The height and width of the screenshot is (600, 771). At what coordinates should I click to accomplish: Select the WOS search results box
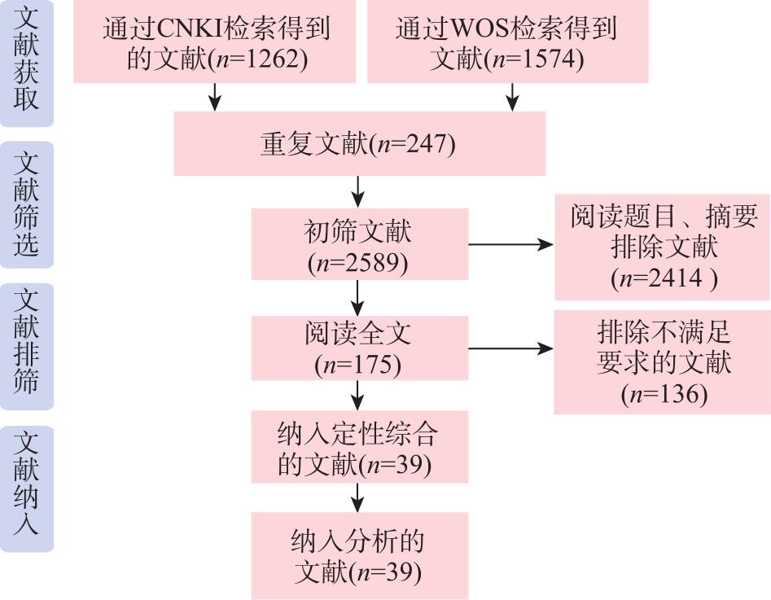[507, 42]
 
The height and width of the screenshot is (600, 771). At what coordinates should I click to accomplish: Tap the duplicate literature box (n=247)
[359, 143]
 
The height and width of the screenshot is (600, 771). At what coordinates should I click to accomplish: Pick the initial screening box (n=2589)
[359, 245]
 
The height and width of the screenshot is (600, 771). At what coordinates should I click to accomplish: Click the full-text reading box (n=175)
[359, 348]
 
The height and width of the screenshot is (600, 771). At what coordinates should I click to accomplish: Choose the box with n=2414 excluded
[662, 247]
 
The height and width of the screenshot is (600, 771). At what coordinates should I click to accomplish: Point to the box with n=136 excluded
[662, 361]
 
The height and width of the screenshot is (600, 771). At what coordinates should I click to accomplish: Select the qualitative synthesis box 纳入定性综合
[359, 447]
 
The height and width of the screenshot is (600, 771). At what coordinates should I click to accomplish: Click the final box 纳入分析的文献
[359, 555]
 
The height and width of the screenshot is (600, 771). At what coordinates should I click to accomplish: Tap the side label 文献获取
[26, 63]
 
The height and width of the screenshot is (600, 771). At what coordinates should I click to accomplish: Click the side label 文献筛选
[26, 204]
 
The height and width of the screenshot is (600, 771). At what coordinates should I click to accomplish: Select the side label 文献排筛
[26, 345]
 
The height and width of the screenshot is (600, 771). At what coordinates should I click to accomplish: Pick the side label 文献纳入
[26, 487]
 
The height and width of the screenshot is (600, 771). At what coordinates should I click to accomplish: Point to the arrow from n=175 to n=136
[510, 349]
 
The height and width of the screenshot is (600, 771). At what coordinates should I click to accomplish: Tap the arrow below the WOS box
[512, 96]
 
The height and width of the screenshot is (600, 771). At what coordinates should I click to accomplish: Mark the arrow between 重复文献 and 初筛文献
[358, 192]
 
